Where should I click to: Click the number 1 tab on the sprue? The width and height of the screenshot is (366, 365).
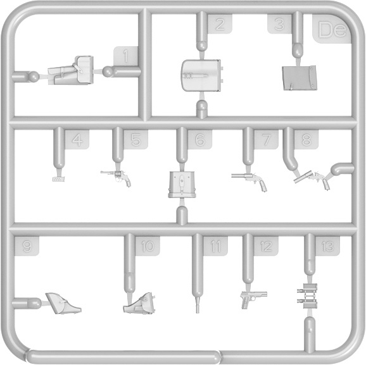tap(126, 56)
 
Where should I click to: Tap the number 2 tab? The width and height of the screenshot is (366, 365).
tap(220, 24)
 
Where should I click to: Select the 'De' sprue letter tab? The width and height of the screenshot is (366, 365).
tap(332, 29)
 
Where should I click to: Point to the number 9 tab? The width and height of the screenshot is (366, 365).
tap(27, 246)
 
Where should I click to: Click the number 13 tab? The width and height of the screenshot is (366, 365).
tap(327, 246)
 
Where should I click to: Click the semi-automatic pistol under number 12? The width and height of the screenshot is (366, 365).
tap(253, 299)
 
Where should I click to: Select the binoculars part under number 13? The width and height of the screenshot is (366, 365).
tap(308, 295)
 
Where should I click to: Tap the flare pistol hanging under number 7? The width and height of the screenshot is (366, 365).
tap(249, 181)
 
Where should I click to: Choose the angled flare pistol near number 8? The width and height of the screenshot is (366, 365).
tap(312, 179)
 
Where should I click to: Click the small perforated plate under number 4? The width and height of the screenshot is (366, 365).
tap(58, 179)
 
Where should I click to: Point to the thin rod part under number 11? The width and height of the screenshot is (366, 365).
tap(198, 305)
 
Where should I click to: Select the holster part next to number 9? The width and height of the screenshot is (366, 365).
tap(63, 303)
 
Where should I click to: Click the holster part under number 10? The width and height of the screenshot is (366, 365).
tap(139, 304)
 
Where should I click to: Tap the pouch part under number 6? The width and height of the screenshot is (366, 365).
tap(182, 185)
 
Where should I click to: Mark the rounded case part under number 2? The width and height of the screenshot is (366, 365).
tap(201, 75)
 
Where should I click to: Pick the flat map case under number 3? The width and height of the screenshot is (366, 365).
tap(300, 78)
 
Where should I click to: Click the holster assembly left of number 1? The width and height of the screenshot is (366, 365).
tap(71, 70)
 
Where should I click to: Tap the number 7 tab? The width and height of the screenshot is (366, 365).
tap(266, 139)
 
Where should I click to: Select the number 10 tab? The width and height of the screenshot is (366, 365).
tap(148, 246)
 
